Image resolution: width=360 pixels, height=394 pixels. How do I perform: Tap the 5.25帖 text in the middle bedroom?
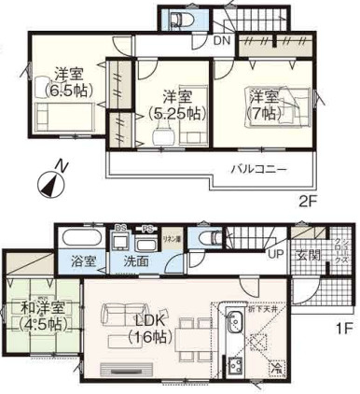[176, 113]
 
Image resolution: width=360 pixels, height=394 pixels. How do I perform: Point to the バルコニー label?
[258, 169]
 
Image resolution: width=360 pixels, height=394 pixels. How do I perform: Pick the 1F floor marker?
[342, 329]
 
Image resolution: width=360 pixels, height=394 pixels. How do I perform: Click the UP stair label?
[276, 253]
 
